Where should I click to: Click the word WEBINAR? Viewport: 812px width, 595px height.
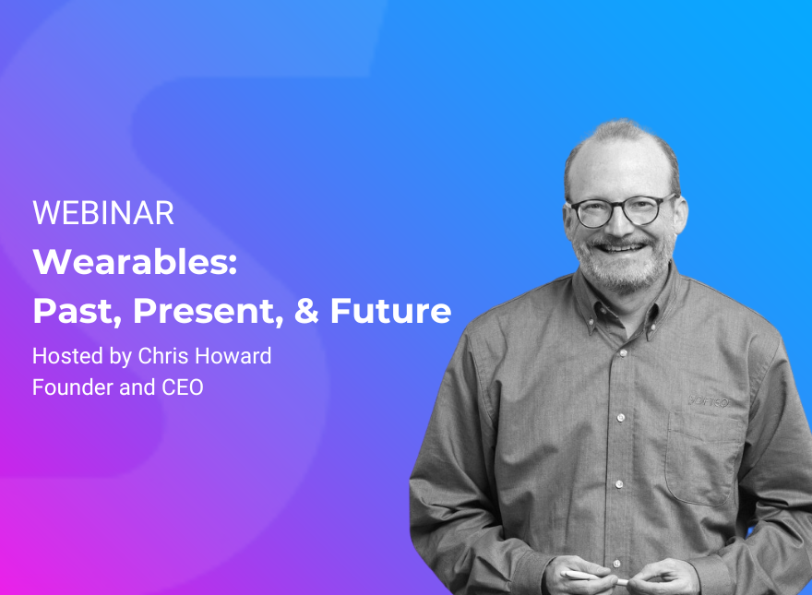coord(103,214)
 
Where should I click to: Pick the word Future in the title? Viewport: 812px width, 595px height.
coord(390,312)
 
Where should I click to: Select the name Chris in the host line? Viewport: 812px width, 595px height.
coord(162,356)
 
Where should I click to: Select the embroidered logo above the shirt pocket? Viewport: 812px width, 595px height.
coord(710,401)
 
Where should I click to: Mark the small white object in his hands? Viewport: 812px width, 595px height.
coord(591,576)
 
